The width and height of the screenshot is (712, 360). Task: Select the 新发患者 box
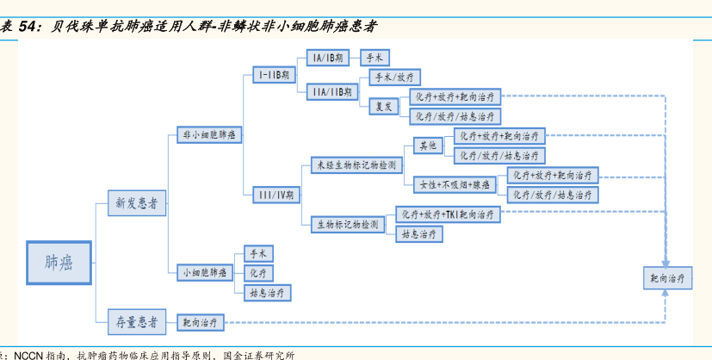pyautogui.click(x=136, y=205)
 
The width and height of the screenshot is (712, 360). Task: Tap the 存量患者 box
pyautogui.click(x=136, y=322)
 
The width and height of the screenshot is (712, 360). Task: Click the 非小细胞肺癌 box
pyautogui.click(x=209, y=134)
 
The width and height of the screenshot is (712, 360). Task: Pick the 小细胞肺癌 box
pyautogui.click(x=204, y=272)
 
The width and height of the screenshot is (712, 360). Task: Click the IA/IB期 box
pyautogui.click(x=327, y=58)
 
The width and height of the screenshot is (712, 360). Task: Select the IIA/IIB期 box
pyautogui.click(x=331, y=91)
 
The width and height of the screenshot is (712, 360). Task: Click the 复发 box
pyautogui.click(x=384, y=107)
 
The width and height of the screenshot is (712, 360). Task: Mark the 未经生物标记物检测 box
pyautogui.click(x=356, y=164)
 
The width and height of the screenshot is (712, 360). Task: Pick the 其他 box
pyautogui.click(x=428, y=146)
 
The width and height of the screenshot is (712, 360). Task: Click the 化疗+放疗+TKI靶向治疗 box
pyautogui.click(x=447, y=214)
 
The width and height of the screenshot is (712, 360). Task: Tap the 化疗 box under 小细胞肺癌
pyautogui.click(x=258, y=272)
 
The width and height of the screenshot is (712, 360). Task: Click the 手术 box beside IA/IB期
pyautogui.click(x=375, y=58)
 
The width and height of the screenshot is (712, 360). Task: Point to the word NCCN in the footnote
pyautogui.click(x=28, y=354)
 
